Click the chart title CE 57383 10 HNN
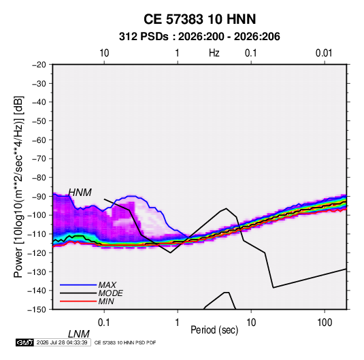click(199, 19)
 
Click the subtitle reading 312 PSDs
click(144, 37)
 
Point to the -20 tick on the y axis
click(39, 65)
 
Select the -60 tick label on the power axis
click(39, 140)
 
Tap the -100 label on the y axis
click(37, 215)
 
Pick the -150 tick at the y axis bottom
click(37, 310)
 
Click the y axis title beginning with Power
click(18, 187)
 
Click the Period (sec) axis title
click(214, 330)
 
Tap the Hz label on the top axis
click(214, 53)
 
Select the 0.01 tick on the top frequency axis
click(324, 53)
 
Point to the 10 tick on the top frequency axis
click(104, 53)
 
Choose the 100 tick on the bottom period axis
click(325, 323)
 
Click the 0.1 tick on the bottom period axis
click(104, 323)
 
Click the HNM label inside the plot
click(80, 193)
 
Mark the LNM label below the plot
click(78, 334)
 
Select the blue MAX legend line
click(78, 284)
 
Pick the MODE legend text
click(110, 293)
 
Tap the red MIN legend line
click(78, 301)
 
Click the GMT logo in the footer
click(25, 342)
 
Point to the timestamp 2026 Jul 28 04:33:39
click(62, 342)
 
